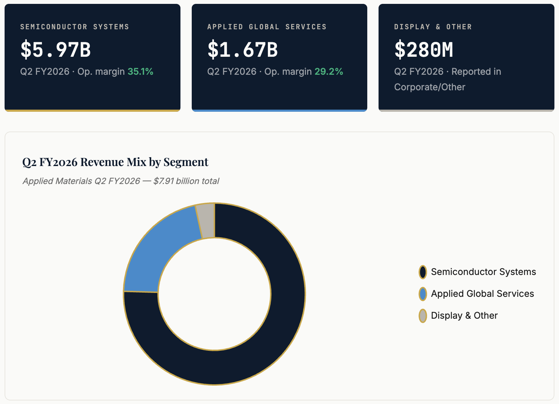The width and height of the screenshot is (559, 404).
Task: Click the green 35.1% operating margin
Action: pos(141,72)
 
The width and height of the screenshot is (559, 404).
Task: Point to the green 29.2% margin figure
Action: pos(328,72)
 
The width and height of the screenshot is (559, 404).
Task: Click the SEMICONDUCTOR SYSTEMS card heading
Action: pos(75,27)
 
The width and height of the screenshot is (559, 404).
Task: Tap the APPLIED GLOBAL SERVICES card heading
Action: pos(267,27)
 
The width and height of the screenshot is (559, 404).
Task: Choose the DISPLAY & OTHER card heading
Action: pos(433,27)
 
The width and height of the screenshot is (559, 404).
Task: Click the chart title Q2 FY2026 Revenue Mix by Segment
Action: pos(115,162)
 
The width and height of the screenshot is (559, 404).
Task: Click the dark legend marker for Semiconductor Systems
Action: pos(423,272)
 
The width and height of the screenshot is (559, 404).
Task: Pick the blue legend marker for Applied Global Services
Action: pos(423,294)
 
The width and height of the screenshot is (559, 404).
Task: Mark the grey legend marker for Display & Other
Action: pos(423,316)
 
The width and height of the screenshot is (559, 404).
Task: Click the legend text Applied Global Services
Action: pos(483,294)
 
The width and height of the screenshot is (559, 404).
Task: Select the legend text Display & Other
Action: pos(464,316)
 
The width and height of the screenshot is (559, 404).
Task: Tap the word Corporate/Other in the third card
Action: pos(430,87)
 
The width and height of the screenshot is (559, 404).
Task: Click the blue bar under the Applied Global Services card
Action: pos(279,111)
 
